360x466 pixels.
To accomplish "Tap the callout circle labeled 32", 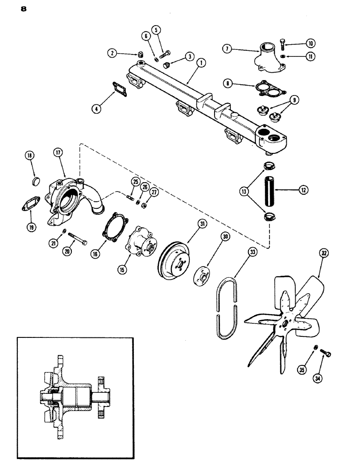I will tap(323, 254).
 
